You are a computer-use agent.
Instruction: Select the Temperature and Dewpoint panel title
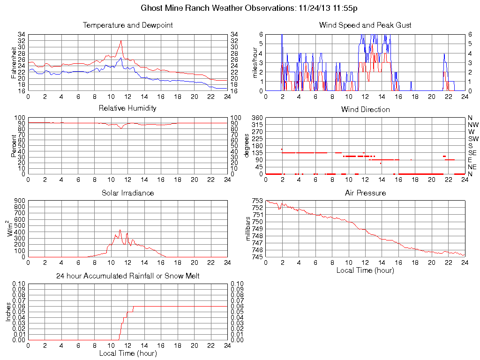pos(127,25)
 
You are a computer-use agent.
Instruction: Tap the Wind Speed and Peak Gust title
pos(365,25)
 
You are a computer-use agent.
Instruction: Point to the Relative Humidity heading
pos(127,108)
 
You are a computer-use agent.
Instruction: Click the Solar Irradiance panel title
pos(127,193)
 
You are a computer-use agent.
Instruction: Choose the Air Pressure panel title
pos(365,193)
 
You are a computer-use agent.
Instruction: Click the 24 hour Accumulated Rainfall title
pos(127,276)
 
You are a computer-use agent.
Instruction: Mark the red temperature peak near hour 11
pos(121,41)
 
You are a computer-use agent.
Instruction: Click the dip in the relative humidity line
pos(121,128)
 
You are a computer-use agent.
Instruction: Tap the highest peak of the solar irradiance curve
pos(120,230)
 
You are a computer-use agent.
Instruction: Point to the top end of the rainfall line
pos(134,306)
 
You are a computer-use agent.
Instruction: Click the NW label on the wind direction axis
pos(472,125)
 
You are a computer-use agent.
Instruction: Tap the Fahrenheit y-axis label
pos(13,62)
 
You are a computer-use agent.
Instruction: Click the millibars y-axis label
pos(249,229)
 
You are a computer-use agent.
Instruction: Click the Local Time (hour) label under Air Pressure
pos(365,270)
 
